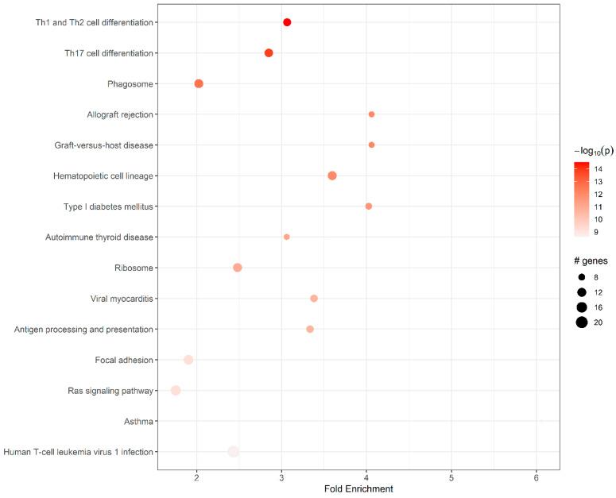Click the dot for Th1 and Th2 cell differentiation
tap(287, 22)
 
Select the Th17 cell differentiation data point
tap(269, 53)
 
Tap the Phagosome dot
tap(199, 84)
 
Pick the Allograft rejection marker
tap(371, 114)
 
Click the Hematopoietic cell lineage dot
tap(332, 176)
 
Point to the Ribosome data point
tap(238, 268)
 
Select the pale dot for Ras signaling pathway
tap(176, 390)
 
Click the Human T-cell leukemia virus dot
tap(233, 452)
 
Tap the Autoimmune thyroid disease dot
tap(287, 237)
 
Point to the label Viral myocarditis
tap(122, 299)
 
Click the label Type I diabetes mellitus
tap(108, 207)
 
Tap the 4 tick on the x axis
tap(366, 477)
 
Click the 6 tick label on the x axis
tap(537, 477)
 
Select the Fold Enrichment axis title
tap(358, 489)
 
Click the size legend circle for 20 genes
tap(582, 322)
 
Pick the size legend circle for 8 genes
tap(582, 276)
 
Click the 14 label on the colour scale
tap(598, 169)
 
